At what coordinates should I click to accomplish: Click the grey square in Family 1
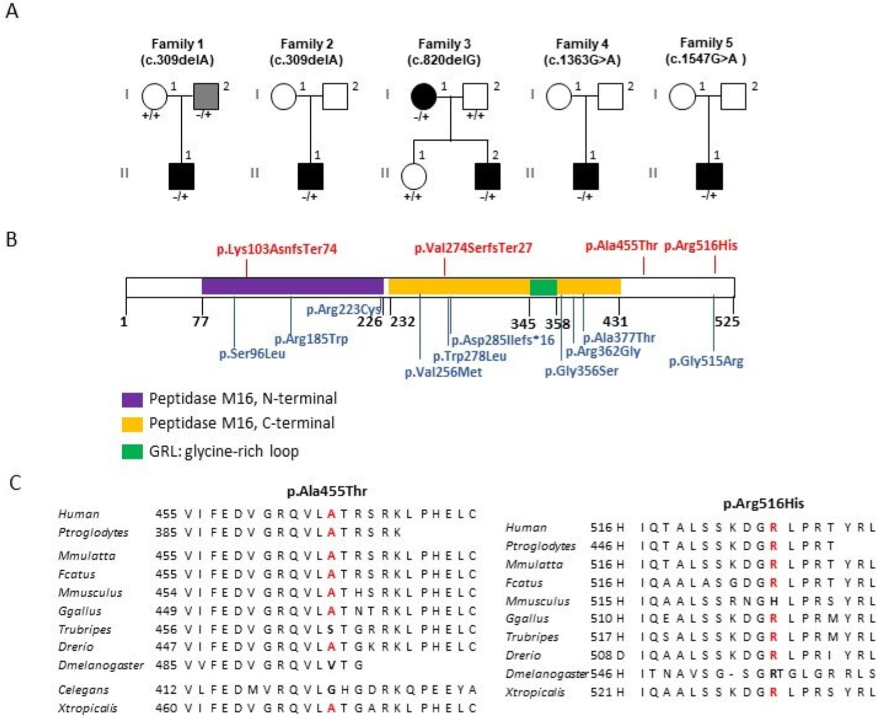[x=206, y=96]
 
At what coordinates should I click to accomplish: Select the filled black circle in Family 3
[x=423, y=96]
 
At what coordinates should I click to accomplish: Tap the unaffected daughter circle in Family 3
[x=413, y=176]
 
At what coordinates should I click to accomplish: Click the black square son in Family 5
[x=709, y=176]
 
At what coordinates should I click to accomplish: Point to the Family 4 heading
[x=582, y=44]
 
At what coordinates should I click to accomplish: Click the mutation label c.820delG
[x=443, y=60]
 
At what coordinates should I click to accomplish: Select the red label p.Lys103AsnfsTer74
[x=276, y=249]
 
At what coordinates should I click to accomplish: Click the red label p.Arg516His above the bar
[x=701, y=246]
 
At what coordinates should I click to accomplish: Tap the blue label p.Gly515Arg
[x=706, y=361]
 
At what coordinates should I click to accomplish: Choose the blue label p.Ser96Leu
[x=252, y=354]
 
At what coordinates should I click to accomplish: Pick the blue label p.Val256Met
[x=443, y=372]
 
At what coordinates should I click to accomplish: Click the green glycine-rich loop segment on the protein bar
[x=543, y=287]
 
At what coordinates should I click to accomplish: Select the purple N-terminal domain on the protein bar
[x=292, y=286]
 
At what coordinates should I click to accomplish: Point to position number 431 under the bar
[x=615, y=321]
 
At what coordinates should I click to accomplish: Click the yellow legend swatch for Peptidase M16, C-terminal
[x=132, y=424]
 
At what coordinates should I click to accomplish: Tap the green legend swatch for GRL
[x=132, y=452]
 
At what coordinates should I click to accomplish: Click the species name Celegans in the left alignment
[x=84, y=690]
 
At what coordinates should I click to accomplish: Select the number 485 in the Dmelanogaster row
[x=166, y=666]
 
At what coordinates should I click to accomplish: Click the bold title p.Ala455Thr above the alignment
[x=327, y=491]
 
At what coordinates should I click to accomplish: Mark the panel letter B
[x=11, y=239]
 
